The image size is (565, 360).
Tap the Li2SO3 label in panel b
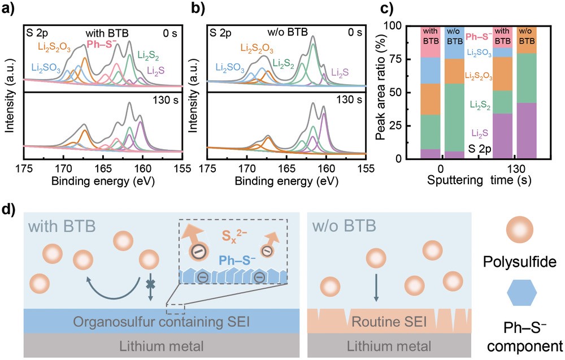click(x=230, y=69)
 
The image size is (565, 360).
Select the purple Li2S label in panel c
click(x=480, y=132)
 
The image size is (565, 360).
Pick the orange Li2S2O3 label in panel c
click(x=480, y=75)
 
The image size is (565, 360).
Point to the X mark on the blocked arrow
click(x=150, y=284)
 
